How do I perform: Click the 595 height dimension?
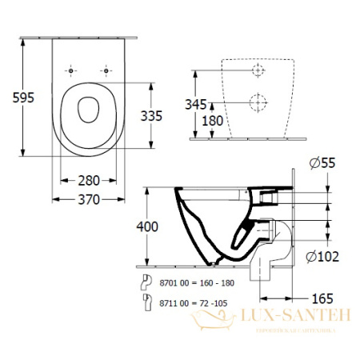coord(14,97)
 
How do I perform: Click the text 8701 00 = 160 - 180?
coord(189,282)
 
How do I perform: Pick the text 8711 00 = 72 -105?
coord(186,303)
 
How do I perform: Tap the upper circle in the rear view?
coord(257,71)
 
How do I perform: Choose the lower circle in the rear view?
coord(257,102)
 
